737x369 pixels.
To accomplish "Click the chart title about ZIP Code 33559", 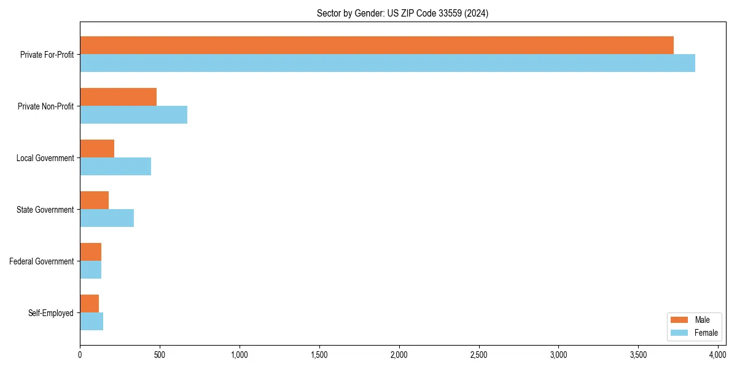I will [x=402, y=13].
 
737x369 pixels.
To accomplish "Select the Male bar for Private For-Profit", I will [x=376, y=46].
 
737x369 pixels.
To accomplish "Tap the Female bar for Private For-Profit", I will [x=388, y=63].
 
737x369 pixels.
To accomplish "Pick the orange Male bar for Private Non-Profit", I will [x=118, y=97].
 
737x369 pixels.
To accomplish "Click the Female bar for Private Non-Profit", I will [x=133, y=115].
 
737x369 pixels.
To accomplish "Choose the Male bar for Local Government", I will [x=97, y=149].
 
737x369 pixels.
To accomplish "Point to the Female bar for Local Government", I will [x=115, y=167].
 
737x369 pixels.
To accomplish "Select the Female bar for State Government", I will [x=107, y=218].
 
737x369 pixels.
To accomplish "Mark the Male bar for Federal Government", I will [x=90, y=252].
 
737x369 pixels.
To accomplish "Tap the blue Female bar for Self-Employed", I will [x=92, y=322].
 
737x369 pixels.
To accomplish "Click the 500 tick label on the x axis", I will [x=160, y=355].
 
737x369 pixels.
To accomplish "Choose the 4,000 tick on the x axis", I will [x=718, y=355].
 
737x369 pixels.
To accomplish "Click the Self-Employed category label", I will [x=51, y=313].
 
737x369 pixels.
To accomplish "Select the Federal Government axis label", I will [x=42, y=261].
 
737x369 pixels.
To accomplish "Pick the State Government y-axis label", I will [x=45, y=210].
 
